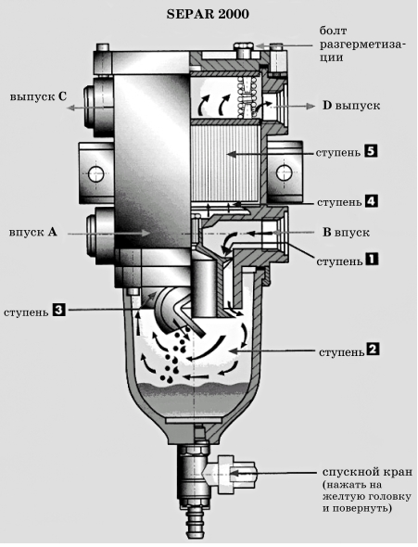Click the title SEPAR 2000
(208, 14)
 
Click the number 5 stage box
(371, 151)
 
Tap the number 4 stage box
(372, 201)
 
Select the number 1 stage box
(372, 260)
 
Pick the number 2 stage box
(373, 350)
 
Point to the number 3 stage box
(59, 310)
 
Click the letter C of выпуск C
(62, 95)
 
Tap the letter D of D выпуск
(326, 106)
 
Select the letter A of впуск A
(52, 232)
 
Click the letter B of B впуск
(326, 232)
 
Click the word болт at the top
(334, 31)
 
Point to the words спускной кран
(367, 472)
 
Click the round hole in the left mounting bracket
(96, 173)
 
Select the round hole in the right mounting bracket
(285, 172)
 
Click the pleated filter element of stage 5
(225, 163)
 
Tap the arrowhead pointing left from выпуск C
(70, 108)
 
